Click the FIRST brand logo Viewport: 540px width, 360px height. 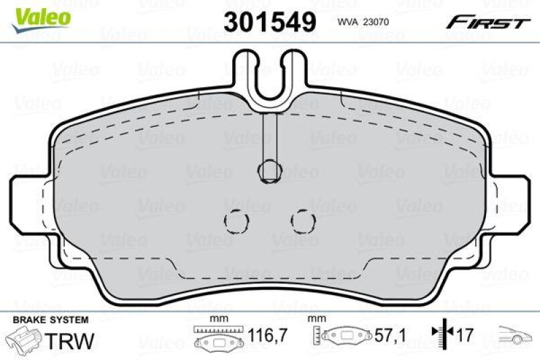click(487, 22)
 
